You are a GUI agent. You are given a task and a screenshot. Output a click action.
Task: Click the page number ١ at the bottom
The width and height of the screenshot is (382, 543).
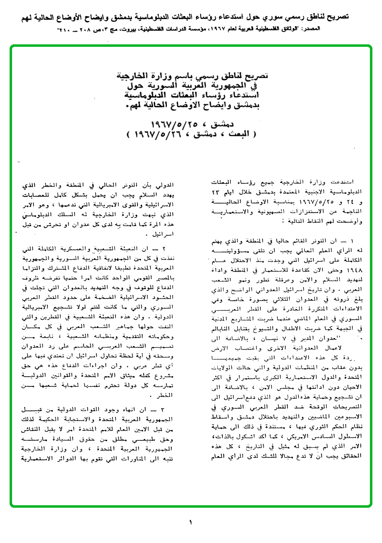click(191, 522)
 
